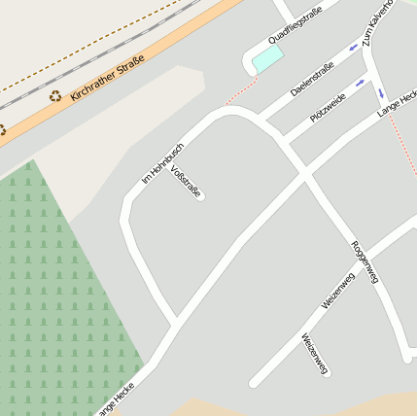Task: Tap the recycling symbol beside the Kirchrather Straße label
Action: coord(55,96)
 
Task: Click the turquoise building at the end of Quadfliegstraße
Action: coord(267,58)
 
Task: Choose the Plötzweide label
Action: coord(328,107)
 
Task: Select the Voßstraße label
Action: coord(186,182)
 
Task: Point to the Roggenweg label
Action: coord(364,261)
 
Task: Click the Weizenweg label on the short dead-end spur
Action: coord(314,354)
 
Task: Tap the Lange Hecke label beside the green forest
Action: coord(115,399)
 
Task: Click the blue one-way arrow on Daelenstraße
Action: coord(354,48)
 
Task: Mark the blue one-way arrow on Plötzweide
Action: coord(362,83)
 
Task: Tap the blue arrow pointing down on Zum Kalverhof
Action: coord(381,94)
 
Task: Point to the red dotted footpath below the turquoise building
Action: coord(241,93)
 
